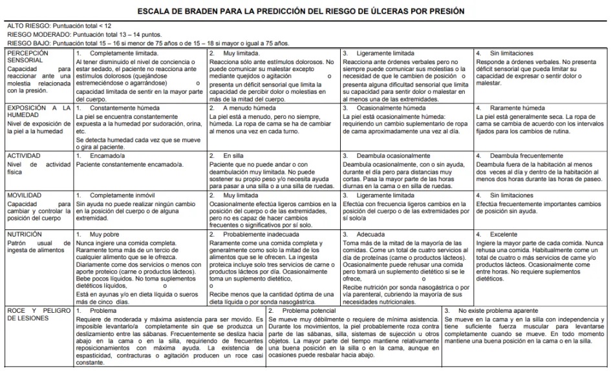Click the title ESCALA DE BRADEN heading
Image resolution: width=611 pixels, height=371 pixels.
coord(305,12)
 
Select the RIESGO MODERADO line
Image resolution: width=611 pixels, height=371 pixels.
coord(84,35)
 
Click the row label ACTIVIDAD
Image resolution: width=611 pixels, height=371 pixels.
coord(25,156)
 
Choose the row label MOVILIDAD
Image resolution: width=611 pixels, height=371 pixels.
coord(25,195)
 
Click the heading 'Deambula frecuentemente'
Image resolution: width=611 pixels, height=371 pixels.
coord(526,156)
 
